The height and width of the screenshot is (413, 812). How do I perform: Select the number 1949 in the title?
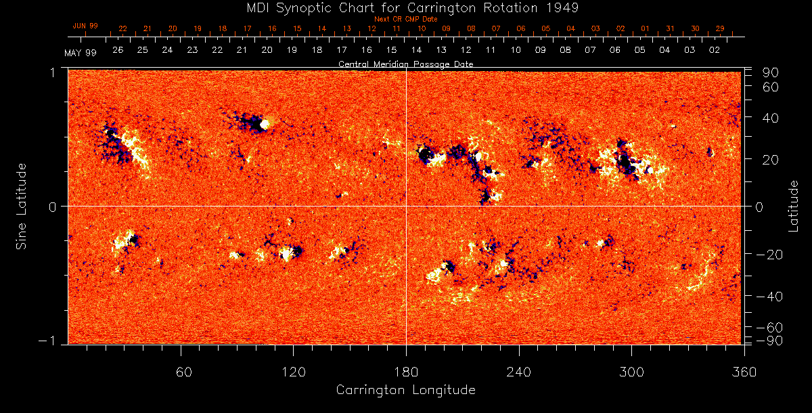click(x=564, y=7)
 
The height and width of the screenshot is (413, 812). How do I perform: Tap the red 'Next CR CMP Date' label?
click(x=406, y=19)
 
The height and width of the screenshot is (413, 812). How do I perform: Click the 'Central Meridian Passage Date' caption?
click(x=406, y=64)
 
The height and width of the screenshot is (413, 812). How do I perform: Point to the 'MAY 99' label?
click(x=81, y=53)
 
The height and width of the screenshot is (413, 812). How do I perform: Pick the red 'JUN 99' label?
click(x=85, y=26)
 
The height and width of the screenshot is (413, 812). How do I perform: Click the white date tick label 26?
click(x=118, y=50)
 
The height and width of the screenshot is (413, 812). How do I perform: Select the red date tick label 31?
click(x=670, y=28)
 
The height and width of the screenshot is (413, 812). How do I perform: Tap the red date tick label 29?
click(x=720, y=28)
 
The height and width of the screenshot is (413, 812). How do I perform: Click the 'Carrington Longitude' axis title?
click(x=406, y=390)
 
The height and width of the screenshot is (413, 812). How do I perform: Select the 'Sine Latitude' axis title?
click(x=22, y=205)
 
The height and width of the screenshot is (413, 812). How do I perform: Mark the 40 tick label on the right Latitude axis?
click(x=770, y=118)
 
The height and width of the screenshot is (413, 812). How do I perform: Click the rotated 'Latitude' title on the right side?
click(x=794, y=205)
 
